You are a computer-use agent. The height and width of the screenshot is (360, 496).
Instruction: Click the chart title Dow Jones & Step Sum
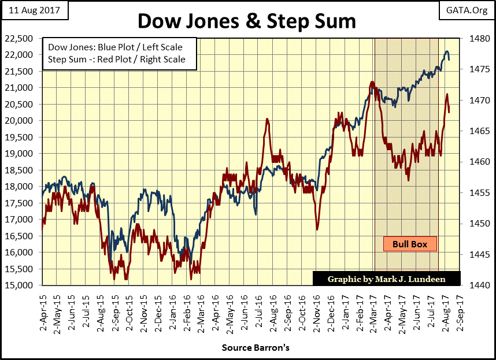coord(247,21)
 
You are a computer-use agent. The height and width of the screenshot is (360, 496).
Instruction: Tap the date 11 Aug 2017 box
coord(34,10)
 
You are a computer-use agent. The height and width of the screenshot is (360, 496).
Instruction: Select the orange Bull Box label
coord(410,244)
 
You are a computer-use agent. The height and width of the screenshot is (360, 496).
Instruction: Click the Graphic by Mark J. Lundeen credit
coord(387,279)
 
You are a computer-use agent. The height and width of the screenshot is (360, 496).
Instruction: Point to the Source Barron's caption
coord(254,348)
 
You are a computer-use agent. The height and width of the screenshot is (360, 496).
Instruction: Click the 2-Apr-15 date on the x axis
coord(43,307)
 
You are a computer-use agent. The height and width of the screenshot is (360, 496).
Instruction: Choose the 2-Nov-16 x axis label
coord(317,307)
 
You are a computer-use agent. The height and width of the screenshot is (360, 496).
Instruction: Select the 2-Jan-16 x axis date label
coord(173,307)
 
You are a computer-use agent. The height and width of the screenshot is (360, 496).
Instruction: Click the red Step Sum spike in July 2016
coord(267,120)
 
